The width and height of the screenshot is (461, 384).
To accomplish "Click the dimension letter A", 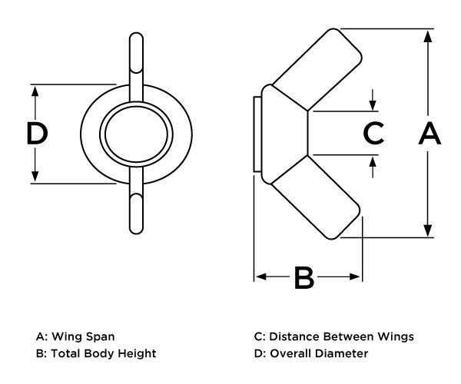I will coord(429,134).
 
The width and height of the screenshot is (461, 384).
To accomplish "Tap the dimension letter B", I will coord(305,278).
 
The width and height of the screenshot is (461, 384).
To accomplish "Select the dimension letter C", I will coord(373,133).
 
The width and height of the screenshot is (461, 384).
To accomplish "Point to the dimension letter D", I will coord(37,134).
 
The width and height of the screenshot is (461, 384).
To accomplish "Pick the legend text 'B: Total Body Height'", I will coord(96,353).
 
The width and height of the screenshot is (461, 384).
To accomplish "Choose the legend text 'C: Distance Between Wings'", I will coord(333,336).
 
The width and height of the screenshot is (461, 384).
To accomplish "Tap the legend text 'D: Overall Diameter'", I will coord(310,353).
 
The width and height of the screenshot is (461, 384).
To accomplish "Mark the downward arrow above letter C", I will coord(373,104).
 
